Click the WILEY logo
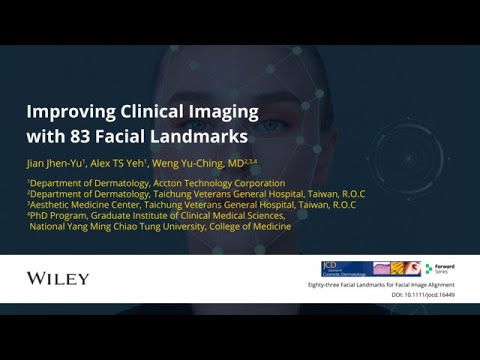click(58, 277)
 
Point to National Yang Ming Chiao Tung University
click(116, 226)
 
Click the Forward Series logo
click(441, 269)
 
